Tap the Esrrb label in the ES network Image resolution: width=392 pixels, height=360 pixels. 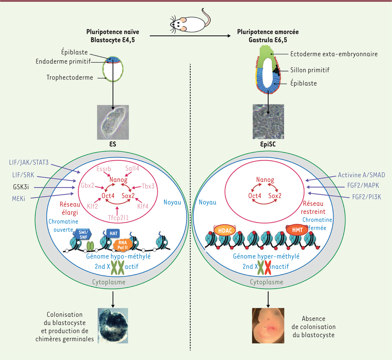104,169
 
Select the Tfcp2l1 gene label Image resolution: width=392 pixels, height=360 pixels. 118,218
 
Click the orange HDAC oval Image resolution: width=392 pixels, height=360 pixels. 225,231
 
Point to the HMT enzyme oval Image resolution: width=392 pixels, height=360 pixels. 297,230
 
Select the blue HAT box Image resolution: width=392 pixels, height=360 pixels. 113,233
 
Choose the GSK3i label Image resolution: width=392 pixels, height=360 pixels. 21,187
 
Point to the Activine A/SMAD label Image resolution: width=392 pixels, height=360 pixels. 361,175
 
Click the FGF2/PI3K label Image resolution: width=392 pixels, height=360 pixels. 367,197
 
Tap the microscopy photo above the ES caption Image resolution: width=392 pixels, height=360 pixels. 113,122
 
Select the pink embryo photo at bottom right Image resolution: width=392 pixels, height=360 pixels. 268,325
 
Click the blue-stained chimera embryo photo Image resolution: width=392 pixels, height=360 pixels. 113,325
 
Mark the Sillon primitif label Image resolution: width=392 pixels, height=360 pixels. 310,70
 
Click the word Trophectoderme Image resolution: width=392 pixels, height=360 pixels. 70,78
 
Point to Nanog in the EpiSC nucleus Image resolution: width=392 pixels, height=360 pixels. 265,180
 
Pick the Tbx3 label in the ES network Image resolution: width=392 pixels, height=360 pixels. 148,186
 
